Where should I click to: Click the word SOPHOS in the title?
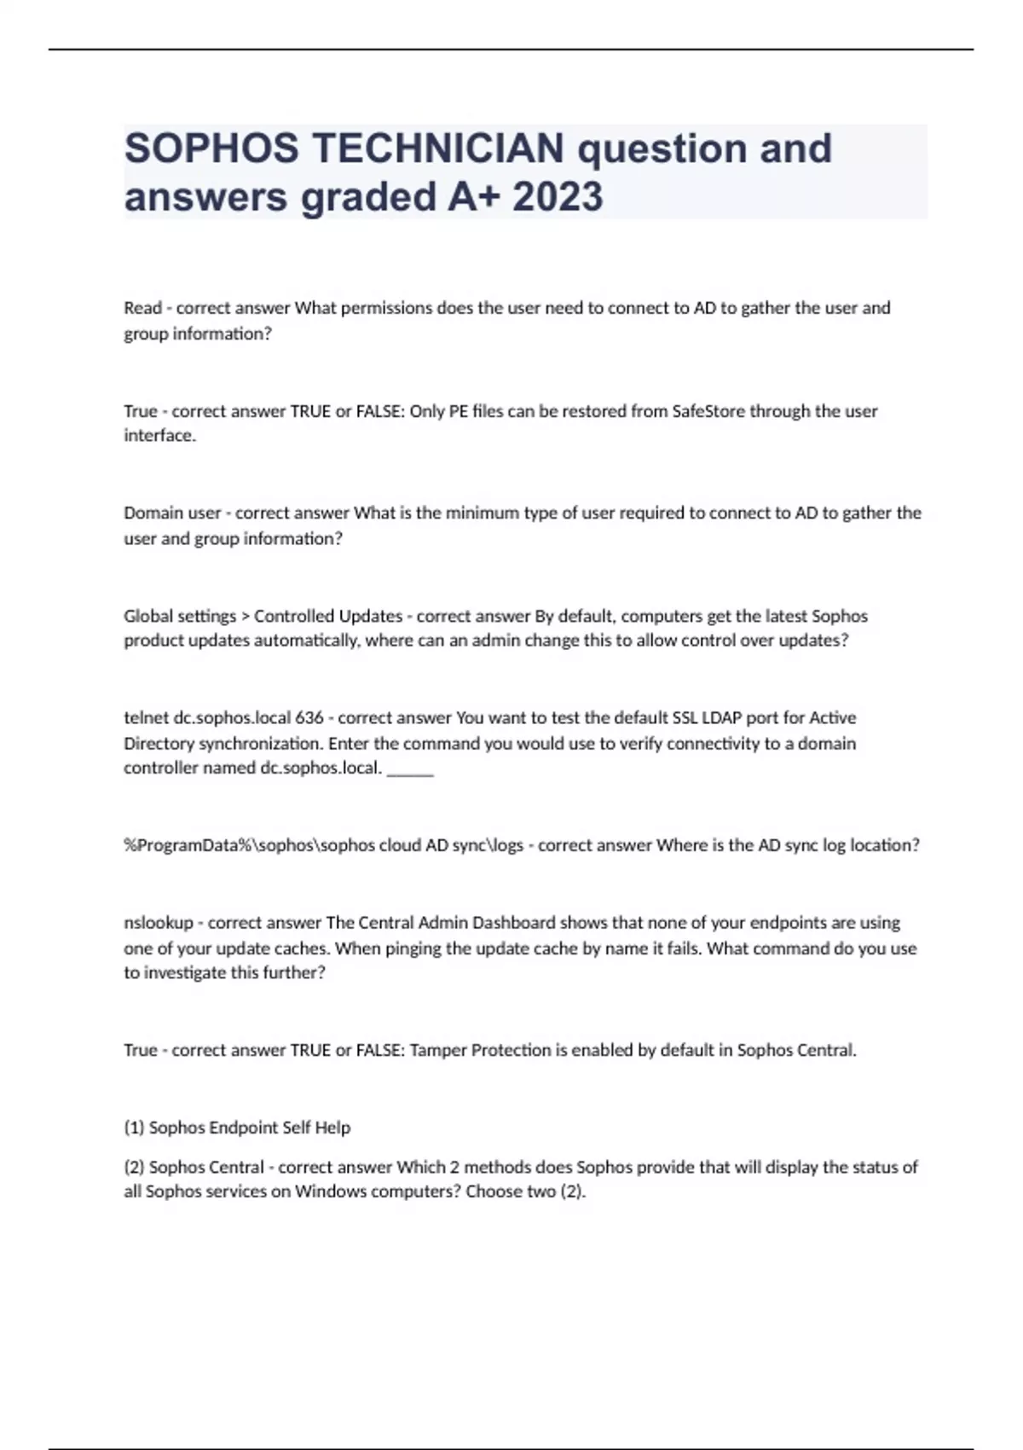click(x=211, y=148)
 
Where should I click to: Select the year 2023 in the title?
click(x=558, y=197)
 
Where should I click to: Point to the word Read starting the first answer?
click(x=142, y=308)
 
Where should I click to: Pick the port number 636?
click(x=309, y=718)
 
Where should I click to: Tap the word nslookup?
click(x=159, y=923)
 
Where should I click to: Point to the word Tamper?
click(x=437, y=1050)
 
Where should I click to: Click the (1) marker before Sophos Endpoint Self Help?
click(x=134, y=1128)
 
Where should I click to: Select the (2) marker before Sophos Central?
click(x=134, y=1167)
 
